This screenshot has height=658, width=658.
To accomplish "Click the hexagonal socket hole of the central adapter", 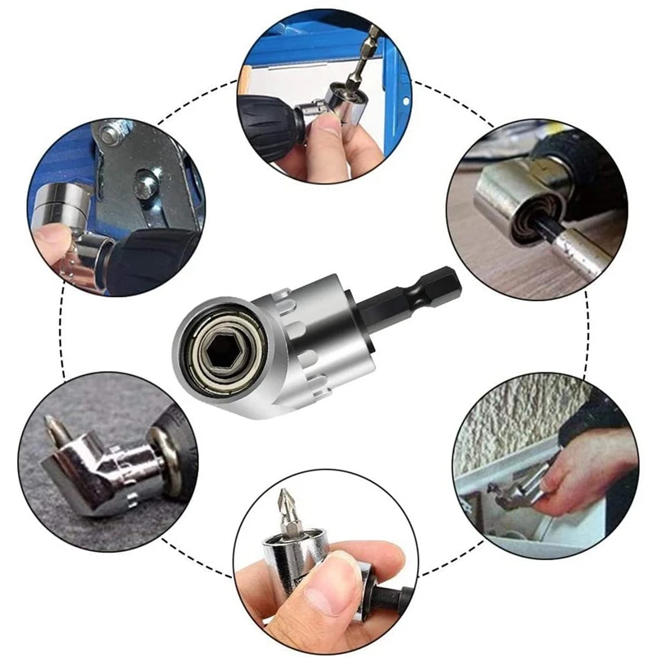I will tap(220, 346).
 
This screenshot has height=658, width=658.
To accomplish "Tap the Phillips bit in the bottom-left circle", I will tap(59, 432).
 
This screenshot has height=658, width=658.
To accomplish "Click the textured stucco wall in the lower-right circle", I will tap(526, 411).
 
